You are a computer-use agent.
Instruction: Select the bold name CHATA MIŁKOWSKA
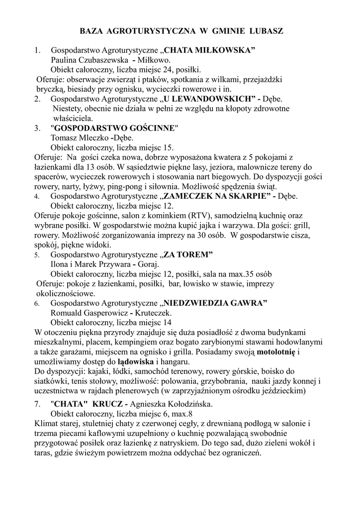pos(209,51)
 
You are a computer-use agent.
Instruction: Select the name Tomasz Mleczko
pos(80,138)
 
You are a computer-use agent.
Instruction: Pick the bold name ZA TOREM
pos(188,255)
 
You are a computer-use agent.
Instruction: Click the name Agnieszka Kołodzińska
pos(174,404)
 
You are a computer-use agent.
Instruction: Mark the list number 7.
pos(37,404)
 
